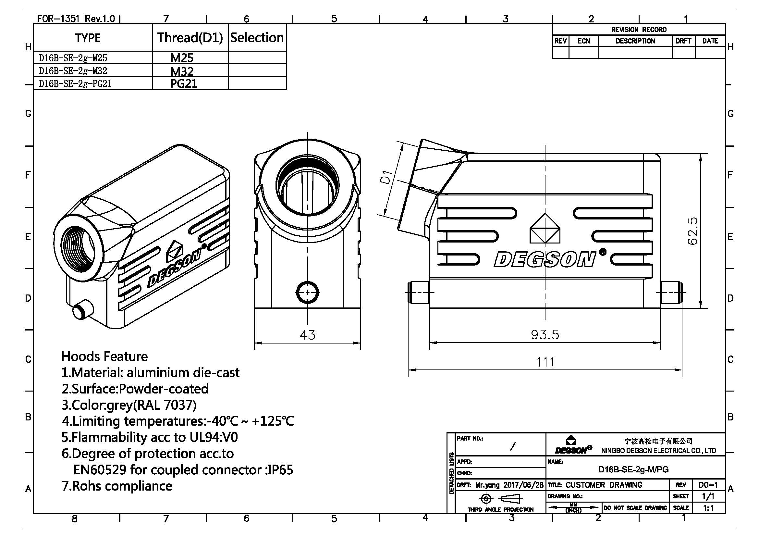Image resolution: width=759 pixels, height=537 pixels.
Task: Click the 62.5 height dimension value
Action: click(692, 231)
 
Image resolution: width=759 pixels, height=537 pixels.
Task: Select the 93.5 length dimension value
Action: click(545, 335)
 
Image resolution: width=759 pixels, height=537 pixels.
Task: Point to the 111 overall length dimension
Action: click(545, 362)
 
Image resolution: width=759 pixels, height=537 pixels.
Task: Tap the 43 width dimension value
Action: click(307, 335)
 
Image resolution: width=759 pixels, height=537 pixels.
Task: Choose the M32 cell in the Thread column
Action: click(182, 71)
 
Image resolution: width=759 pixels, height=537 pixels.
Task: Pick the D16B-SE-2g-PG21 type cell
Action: click(75, 84)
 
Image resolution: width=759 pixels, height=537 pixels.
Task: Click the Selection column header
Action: click(257, 38)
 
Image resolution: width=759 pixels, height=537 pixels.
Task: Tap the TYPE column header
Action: click(88, 38)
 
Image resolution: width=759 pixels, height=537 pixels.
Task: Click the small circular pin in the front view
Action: click(307, 292)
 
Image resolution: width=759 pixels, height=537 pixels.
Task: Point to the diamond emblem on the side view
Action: click(545, 229)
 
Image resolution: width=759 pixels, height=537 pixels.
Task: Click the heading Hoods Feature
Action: click(104, 356)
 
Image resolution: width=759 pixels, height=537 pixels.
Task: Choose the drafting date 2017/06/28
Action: click(523, 485)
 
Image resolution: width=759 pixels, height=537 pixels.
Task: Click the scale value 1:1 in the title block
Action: click(708, 508)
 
